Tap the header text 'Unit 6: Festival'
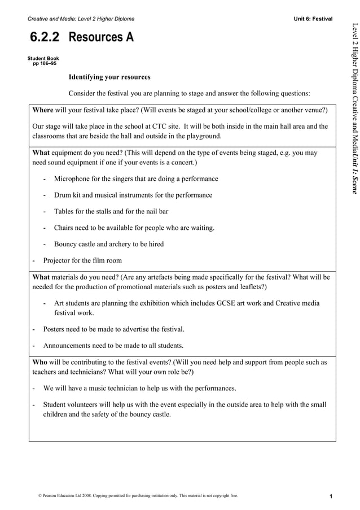pos(313,19)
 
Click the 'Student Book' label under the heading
pos(43,58)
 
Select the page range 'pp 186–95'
pos(44,64)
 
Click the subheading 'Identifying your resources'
pos(109,77)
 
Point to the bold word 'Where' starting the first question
pos(43,110)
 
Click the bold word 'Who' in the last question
pos(40,362)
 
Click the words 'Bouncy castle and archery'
pos(93,244)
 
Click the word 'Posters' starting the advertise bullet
pos(56,329)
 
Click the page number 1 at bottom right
pos(332,496)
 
